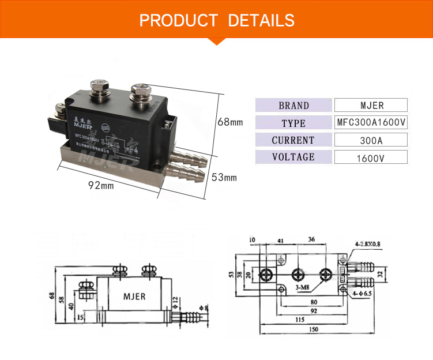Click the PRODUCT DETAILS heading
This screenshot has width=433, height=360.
coord(217,21)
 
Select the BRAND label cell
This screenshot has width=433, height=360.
coord(293,106)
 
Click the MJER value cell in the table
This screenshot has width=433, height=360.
coord(371,106)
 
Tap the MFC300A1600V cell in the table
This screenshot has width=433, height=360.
coord(371,123)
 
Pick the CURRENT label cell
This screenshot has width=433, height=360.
coord(293,140)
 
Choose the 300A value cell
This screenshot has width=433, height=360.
coord(371,140)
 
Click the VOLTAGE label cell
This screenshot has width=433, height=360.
coord(293,157)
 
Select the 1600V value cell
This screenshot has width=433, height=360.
coord(371,157)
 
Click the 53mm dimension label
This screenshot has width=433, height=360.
coord(223,177)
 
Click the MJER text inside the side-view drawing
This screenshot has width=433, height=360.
coord(134,297)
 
